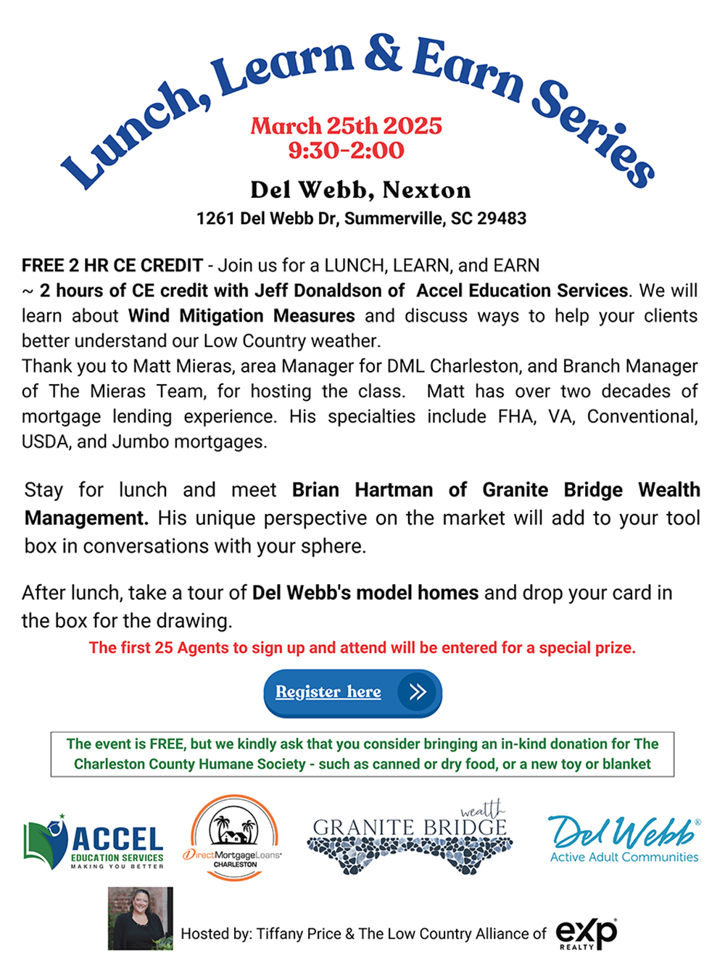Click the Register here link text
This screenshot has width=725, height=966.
click(x=328, y=692)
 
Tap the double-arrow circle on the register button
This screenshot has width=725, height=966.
click(x=417, y=692)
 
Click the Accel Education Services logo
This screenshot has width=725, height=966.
click(x=94, y=842)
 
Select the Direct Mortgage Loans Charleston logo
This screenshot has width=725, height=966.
click(x=234, y=838)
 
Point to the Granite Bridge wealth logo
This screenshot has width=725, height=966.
click(x=410, y=838)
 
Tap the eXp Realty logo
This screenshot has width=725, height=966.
click(x=586, y=933)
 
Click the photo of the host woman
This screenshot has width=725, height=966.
click(x=141, y=918)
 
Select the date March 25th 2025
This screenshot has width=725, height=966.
click(x=346, y=126)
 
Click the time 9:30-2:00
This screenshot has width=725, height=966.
click(x=346, y=151)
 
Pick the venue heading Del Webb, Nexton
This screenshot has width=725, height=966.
click(x=360, y=190)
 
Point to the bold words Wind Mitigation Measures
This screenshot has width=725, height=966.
click(x=241, y=316)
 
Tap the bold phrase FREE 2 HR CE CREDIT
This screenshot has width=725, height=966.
click(x=112, y=265)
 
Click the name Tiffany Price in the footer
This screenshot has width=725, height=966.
click(x=298, y=934)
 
